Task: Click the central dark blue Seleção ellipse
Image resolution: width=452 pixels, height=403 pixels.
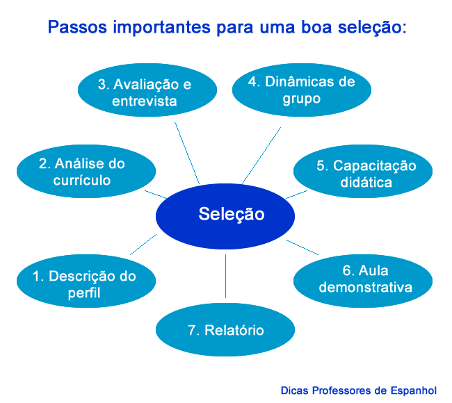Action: [x=231, y=215]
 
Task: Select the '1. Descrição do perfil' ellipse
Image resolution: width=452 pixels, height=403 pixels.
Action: [x=84, y=284]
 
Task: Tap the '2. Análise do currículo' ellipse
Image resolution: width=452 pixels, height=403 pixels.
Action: [x=83, y=172]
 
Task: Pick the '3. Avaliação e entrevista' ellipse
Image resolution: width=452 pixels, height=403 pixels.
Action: [x=144, y=92]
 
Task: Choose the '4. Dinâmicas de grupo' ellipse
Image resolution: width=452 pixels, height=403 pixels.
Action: [x=301, y=90]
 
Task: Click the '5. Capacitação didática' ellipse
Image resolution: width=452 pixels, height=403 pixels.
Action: [x=362, y=174]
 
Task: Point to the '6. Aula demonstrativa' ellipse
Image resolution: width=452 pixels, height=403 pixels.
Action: [x=362, y=278]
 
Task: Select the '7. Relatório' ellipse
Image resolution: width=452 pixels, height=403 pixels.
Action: [x=225, y=330]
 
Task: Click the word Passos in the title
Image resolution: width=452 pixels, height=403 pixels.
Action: [x=72, y=29]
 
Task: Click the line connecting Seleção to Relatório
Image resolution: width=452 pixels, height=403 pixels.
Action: [x=226, y=278]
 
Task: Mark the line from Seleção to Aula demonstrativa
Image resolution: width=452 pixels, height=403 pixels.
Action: [x=302, y=247]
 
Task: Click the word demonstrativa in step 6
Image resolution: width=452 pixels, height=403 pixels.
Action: [x=362, y=286]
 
